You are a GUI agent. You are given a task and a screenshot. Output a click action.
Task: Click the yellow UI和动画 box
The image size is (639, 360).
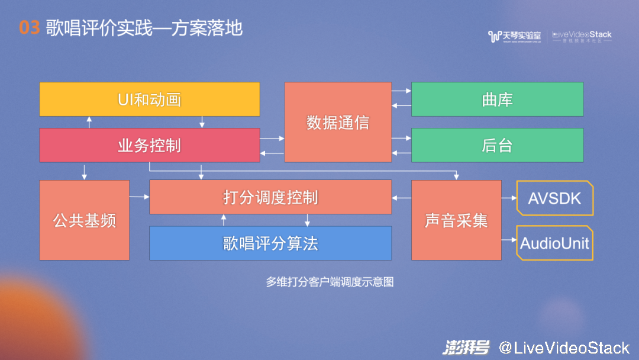149,99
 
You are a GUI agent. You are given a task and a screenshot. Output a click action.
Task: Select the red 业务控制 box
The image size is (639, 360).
149,145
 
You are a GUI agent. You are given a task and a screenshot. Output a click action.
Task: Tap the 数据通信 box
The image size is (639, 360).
338,122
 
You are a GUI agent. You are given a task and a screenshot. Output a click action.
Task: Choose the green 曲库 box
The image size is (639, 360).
497,99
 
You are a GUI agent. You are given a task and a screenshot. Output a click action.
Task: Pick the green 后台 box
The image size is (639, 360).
497,145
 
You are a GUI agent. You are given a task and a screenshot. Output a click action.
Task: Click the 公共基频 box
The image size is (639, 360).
85,220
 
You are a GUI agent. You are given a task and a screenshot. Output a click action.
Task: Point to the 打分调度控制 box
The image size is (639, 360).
270,197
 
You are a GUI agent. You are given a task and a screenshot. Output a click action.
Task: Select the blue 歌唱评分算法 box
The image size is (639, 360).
270,243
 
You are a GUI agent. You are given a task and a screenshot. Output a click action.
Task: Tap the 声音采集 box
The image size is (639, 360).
456,220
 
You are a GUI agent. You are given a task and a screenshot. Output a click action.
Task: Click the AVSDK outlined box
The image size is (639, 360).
554,198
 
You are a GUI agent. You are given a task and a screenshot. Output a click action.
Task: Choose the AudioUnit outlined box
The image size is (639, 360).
554,243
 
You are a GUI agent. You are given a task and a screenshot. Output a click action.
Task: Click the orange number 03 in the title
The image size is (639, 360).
29,28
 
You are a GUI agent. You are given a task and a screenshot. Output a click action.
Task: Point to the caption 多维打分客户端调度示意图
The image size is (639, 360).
330,282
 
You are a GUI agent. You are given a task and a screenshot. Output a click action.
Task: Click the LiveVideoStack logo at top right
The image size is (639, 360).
582,37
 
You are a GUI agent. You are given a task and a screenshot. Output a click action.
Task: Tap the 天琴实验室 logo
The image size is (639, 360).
514,37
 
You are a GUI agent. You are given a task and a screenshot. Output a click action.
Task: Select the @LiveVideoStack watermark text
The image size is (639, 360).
563,347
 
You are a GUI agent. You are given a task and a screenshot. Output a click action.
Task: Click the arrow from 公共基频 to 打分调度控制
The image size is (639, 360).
139,197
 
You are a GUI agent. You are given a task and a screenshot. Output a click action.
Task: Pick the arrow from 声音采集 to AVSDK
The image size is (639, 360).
509,198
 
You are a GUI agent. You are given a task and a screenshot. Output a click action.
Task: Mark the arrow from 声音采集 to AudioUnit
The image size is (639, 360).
509,240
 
